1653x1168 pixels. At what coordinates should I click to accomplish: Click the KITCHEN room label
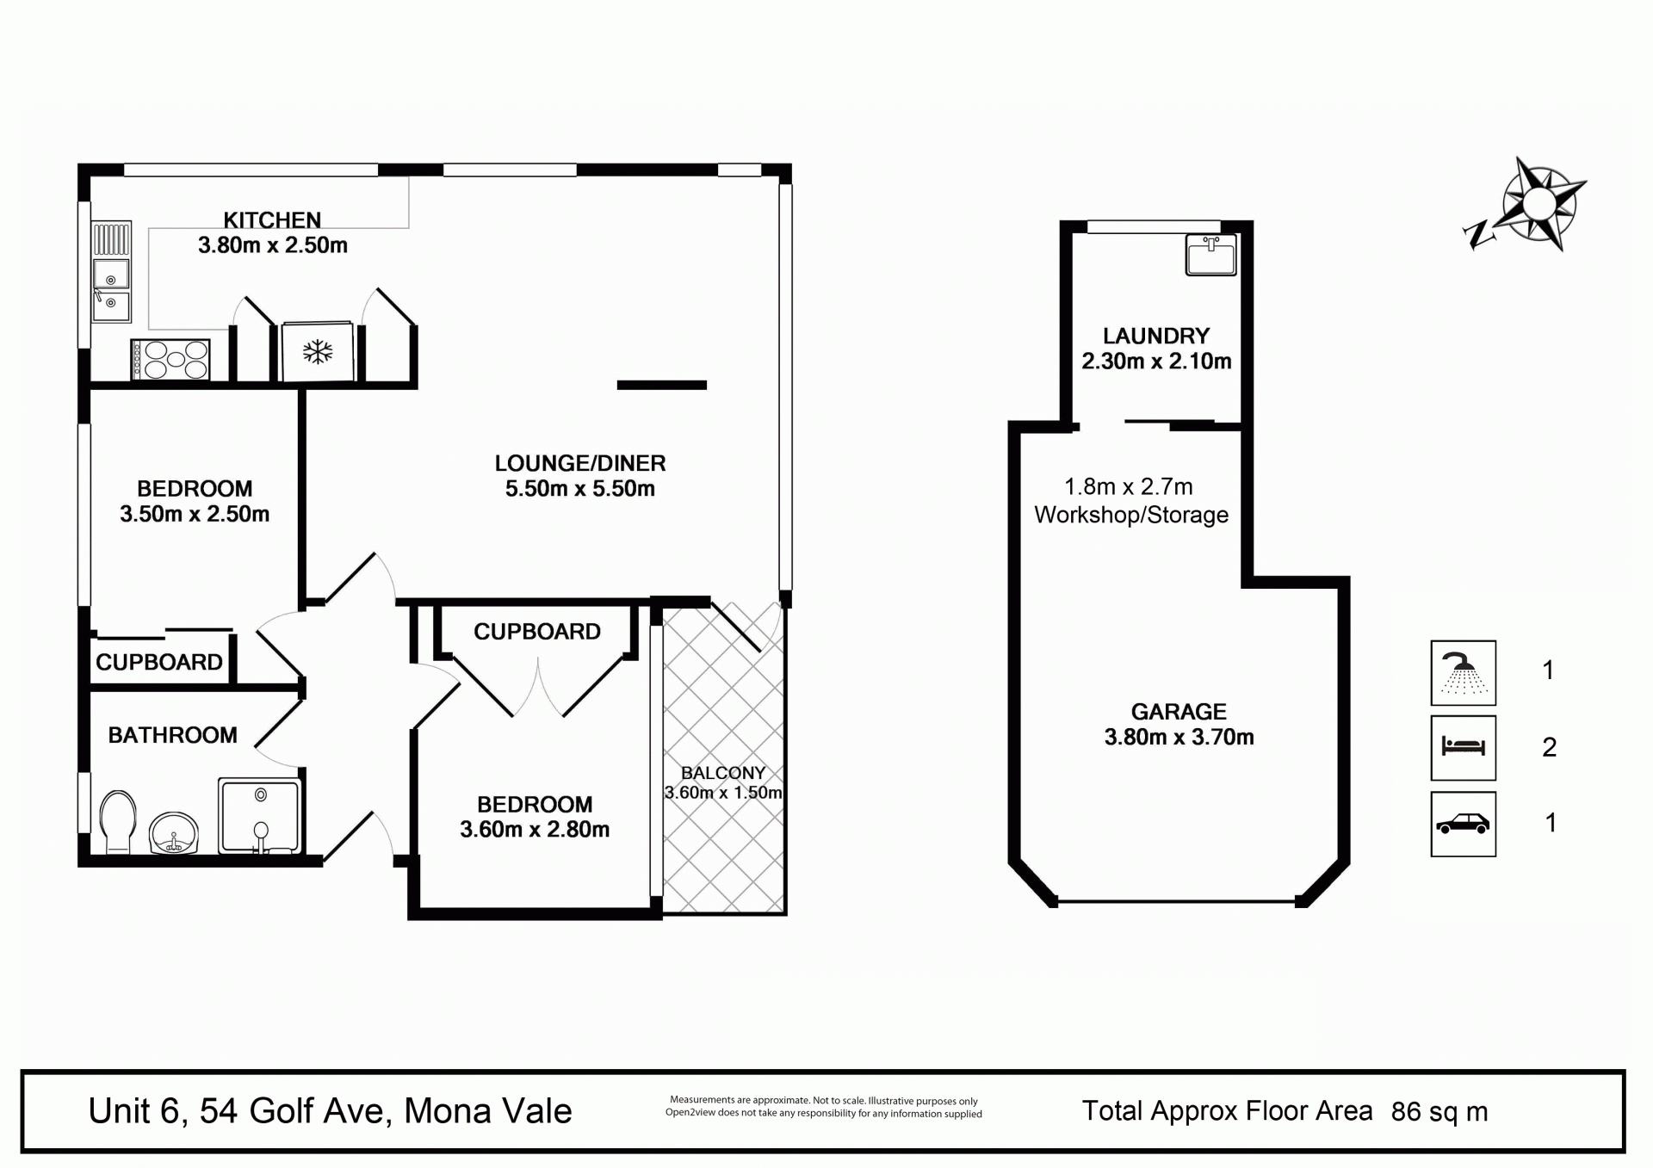click(x=272, y=220)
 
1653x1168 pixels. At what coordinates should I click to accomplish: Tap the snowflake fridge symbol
click(x=318, y=351)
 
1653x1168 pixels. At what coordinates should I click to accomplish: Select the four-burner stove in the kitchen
click(x=170, y=359)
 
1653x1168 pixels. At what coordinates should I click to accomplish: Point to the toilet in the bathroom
click(x=118, y=821)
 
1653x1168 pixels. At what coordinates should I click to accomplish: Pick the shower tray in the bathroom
click(x=259, y=816)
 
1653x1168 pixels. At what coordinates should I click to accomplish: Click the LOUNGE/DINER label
click(x=580, y=463)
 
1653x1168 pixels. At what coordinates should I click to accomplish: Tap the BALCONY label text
click(x=723, y=773)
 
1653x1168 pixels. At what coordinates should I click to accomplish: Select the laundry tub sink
click(x=1210, y=254)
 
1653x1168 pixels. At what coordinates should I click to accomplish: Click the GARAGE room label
click(x=1179, y=712)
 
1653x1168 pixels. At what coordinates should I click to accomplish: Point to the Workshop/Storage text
click(x=1131, y=515)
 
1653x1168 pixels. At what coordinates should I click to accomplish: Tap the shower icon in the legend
click(x=1463, y=672)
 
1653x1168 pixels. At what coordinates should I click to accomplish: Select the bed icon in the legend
click(x=1463, y=747)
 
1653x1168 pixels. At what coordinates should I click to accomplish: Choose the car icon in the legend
click(x=1463, y=824)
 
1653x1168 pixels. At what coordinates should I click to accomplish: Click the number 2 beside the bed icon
click(x=1550, y=747)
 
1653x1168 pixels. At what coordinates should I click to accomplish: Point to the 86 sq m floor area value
click(x=1439, y=1112)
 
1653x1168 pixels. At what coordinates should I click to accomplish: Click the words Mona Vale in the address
click(x=488, y=1111)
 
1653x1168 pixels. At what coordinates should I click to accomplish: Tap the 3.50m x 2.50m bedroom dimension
click(x=195, y=515)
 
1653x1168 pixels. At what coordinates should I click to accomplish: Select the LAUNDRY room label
click(x=1156, y=336)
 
